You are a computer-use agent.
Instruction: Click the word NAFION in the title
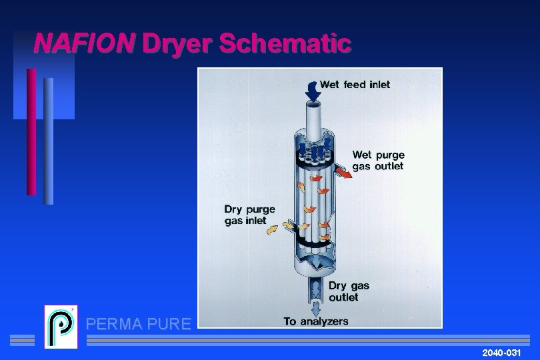(x=84, y=44)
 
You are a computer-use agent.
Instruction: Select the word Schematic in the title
(x=285, y=44)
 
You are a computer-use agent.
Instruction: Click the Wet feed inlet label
(x=355, y=85)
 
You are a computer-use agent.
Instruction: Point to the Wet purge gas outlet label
(x=378, y=161)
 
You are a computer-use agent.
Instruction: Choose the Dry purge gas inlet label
(x=249, y=215)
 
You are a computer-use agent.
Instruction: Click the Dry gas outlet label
(x=348, y=291)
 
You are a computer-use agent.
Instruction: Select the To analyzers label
(x=315, y=321)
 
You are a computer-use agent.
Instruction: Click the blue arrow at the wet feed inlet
(x=312, y=91)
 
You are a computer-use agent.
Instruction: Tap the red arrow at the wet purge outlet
(x=343, y=173)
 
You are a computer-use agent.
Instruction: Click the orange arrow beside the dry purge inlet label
(x=273, y=230)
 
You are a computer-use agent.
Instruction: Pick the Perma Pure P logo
(x=61, y=327)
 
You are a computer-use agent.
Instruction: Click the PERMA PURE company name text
(x=139, y=325)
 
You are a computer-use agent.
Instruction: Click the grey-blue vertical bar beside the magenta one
(x=48, y=141)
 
